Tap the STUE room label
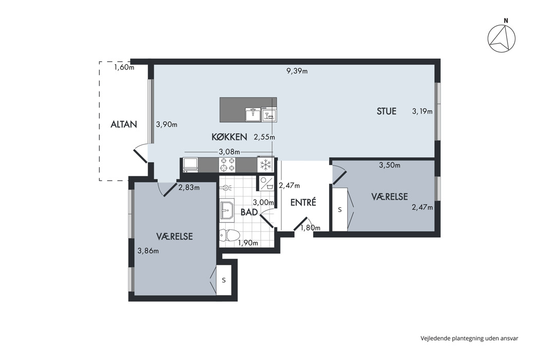[386, 111]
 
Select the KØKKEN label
[229, 137]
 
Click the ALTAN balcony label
[123, 124]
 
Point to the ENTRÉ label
[303, 202]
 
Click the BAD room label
[249, 212]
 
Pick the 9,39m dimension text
[297, 71]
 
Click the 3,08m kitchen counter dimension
[229, 152]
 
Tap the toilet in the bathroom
[229, 236]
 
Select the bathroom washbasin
[227, 210]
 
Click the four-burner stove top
[227, 165]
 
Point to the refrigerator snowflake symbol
[265, 165]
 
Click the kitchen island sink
[253, 114]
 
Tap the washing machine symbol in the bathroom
[266, 183]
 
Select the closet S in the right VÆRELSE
[339, 209]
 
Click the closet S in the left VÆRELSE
[224, 280]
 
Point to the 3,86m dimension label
[148, 251]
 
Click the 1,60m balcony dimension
[124, 67]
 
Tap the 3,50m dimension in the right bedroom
[389, 165]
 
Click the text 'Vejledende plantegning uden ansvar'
[469, 338]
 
